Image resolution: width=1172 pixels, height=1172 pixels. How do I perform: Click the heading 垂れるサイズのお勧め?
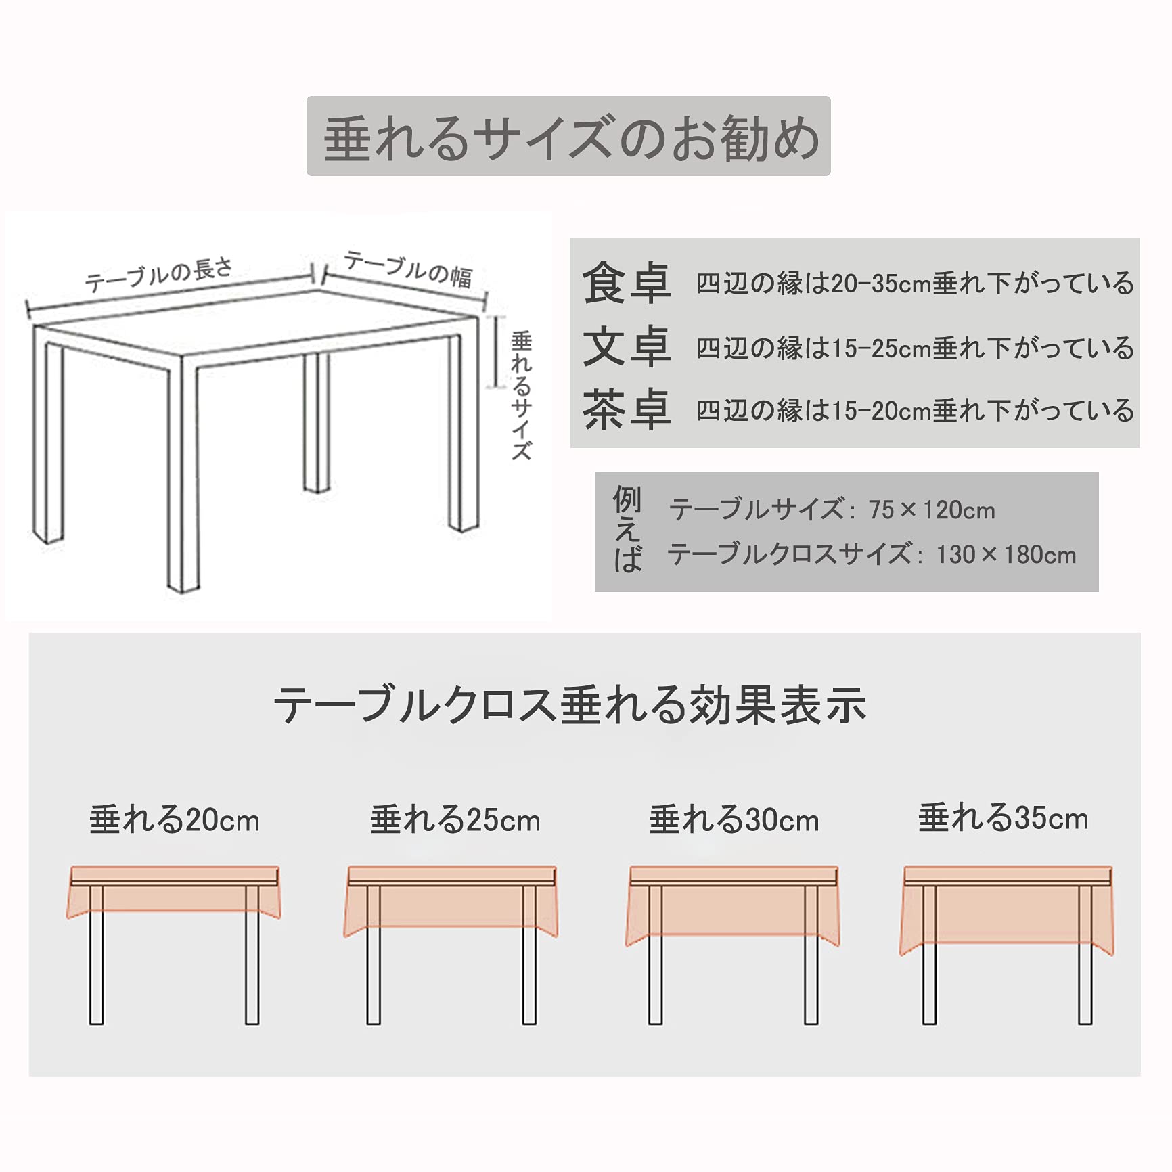572,138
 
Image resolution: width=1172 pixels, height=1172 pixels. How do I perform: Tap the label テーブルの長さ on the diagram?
159,274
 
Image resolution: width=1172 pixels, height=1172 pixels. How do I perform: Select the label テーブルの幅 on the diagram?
408,269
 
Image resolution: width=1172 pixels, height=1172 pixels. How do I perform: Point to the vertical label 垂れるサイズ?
521,395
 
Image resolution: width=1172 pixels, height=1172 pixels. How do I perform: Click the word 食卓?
627,283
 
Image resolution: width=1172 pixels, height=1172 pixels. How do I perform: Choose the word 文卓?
627,346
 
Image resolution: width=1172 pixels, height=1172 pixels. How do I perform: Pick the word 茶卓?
627,409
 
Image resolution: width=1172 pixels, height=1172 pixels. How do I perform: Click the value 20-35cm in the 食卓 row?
881,284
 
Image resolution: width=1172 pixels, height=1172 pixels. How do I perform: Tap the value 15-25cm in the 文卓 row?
881,348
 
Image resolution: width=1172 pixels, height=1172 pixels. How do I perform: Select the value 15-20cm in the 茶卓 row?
881,411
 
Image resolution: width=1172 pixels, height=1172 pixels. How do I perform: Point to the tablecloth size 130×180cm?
1006,555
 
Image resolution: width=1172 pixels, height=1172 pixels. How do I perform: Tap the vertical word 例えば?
627,530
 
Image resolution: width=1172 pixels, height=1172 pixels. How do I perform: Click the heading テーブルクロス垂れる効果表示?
570,705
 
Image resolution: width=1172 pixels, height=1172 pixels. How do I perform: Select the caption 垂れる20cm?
175,819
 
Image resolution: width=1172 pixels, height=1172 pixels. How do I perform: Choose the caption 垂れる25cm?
455,819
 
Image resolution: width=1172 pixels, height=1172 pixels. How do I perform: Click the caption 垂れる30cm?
734,819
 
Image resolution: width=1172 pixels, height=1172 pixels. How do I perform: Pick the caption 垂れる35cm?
1004,818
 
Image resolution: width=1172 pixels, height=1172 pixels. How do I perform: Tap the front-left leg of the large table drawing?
183,474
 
